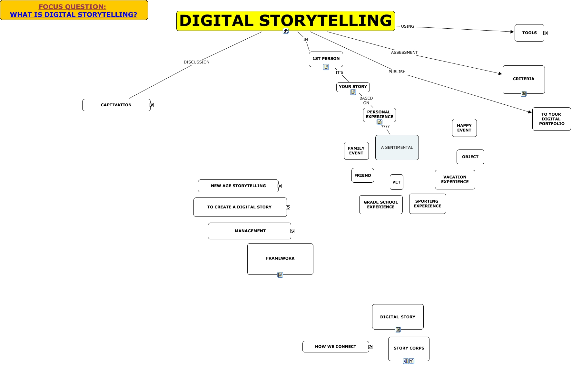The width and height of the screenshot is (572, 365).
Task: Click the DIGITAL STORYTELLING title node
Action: [285, 21]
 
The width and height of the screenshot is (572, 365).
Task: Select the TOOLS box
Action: [529, 33]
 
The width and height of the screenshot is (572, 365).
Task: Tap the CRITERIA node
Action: [523, 79]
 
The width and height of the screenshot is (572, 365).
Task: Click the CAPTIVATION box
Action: [116, 105]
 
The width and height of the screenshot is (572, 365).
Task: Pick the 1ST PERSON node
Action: [326, 59]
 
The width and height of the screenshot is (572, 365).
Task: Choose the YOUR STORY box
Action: [353, 87]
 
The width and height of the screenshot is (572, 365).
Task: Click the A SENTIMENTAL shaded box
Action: [397, 148]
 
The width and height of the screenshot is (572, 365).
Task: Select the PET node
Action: [396, 182]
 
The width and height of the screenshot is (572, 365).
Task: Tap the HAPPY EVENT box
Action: [464, 128]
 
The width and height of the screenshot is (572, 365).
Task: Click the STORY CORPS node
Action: [409, 348]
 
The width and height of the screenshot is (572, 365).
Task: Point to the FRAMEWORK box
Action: [280, 258]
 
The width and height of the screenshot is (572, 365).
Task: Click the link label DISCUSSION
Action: [196, 62]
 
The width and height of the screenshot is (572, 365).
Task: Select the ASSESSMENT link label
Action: [404, 53]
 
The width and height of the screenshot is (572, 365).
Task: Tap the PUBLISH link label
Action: [397, 72]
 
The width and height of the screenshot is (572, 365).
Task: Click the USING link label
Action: [407, 26]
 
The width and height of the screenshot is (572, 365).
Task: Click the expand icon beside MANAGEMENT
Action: [292, 231]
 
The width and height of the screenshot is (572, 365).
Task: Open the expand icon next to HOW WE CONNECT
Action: [370, 347]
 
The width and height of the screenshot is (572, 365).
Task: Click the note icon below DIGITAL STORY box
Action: [398, 330]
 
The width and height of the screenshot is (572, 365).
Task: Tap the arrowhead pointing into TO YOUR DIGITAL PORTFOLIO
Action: [529, 112]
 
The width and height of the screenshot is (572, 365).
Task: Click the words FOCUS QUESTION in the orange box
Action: [72, 7]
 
